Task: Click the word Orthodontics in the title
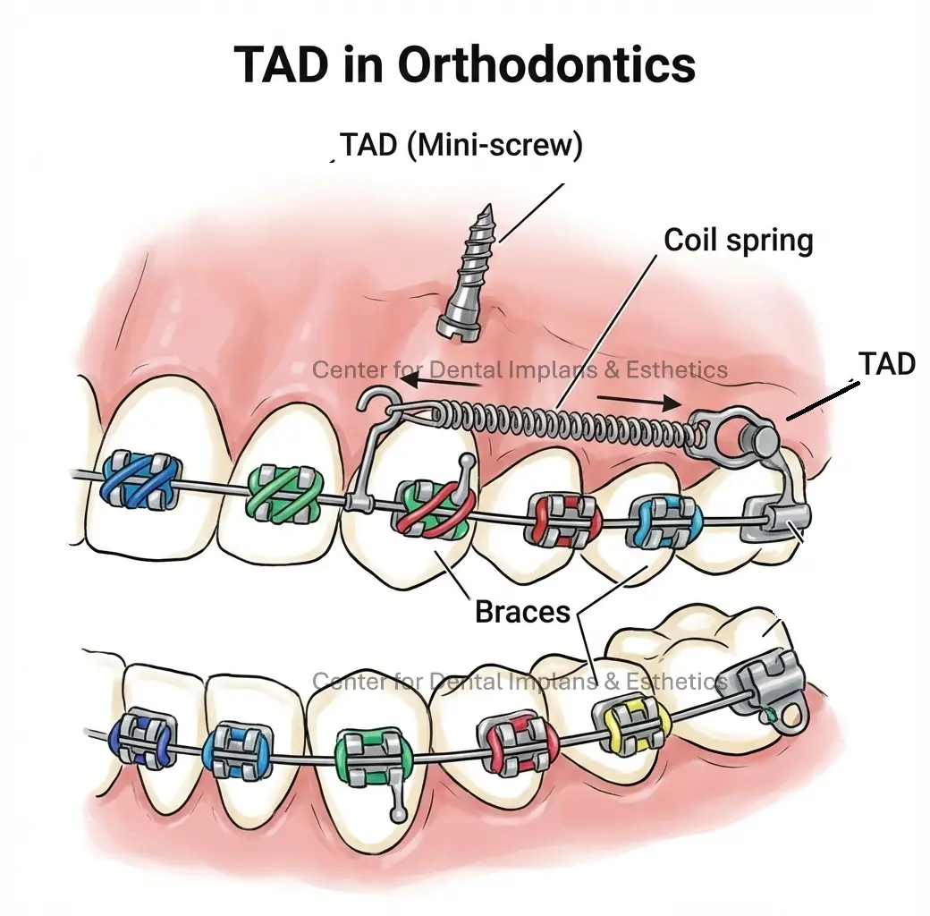click(545, 65)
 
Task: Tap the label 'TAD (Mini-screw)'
click(461, 145)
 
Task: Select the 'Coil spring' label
click(738, 240)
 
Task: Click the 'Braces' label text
click(522, 612)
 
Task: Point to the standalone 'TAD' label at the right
click(886, 364)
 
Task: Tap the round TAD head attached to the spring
click(759, 439)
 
